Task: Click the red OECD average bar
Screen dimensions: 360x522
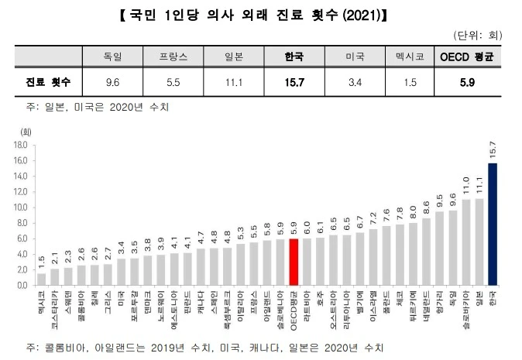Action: click(x=294, y=262)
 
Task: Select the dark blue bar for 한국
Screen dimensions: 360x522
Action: click(x=493, y=224)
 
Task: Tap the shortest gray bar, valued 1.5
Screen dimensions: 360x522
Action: click(x=42, y=279)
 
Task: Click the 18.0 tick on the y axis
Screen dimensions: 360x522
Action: click(x=21, y=145)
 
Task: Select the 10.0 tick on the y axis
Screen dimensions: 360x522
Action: click(x=21, y=207)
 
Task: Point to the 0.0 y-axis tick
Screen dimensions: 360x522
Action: click(x=22, y=285)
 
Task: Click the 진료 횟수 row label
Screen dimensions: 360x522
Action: click(x=46, y=81)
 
